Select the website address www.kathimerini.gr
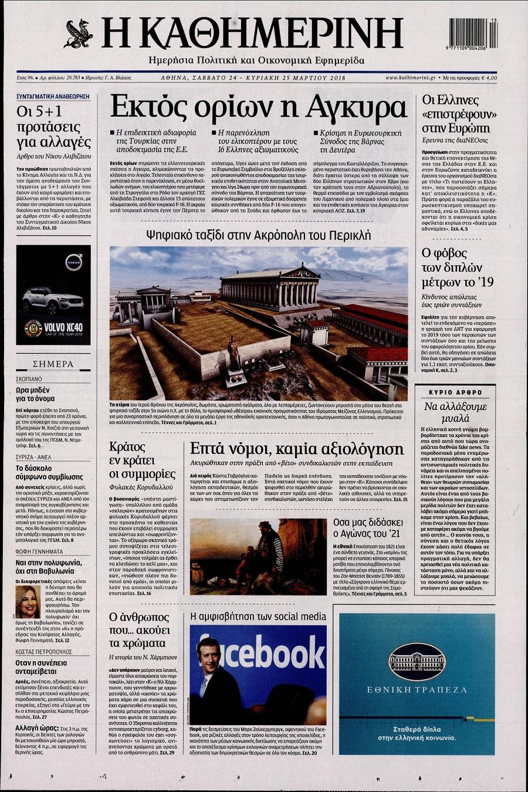point(410,77)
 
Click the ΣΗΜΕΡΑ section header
point(53,364)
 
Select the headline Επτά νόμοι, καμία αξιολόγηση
point(297,449)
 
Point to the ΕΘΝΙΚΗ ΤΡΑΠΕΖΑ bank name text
point(417,690)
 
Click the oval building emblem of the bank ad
point(417,660)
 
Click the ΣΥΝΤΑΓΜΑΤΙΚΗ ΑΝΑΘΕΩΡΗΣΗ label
point(53,96)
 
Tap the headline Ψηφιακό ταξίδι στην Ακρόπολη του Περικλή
point(259,235)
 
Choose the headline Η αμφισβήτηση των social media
point(258,617)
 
